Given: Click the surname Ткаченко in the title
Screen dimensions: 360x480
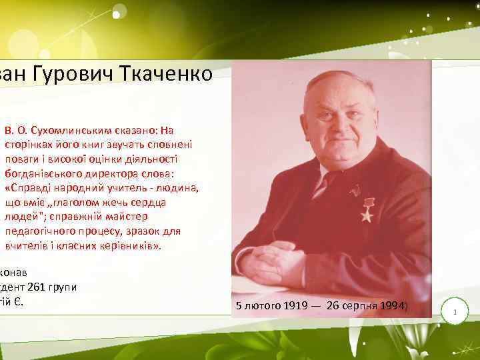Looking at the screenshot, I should pos(164,73).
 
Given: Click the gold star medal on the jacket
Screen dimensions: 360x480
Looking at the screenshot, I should pos(367,211).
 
